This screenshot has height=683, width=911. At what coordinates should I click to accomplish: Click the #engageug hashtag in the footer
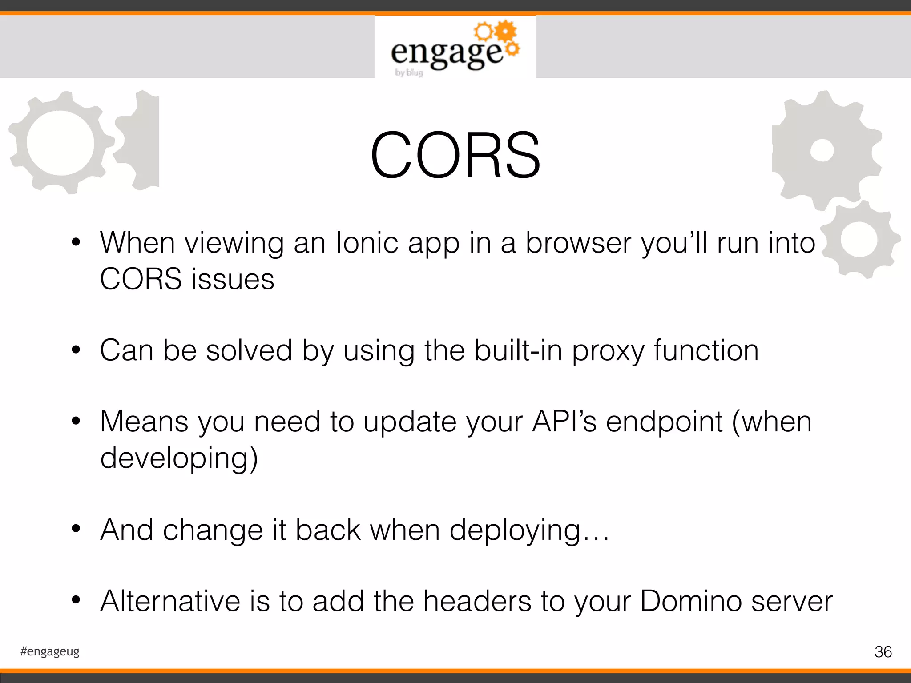point(50,651)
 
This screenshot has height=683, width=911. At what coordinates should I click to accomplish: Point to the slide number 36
point(883,652)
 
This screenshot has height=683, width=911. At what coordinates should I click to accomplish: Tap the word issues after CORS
point(233,279)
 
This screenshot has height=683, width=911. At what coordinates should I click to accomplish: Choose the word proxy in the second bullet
point(608,350)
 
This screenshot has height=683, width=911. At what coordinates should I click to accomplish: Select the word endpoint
point(664,422)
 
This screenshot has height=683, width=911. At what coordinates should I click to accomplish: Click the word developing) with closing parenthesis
point(179,458)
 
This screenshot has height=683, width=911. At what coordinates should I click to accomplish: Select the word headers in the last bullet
point(477,601)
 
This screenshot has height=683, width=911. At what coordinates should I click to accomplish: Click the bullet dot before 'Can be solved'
point(76,350)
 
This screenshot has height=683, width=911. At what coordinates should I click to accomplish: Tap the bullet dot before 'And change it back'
point(76,529)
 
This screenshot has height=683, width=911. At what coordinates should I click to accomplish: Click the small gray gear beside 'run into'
point(859,241)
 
